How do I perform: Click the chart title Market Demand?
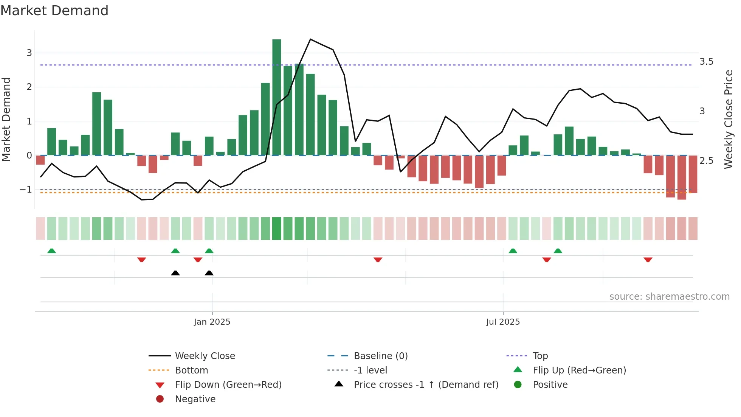[54, 11]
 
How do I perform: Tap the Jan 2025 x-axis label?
[212, 322]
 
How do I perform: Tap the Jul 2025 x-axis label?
[503, 322]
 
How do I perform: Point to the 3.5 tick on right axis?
[706, 62]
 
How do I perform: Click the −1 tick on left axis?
[26, 189]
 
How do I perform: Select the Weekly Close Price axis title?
[728, 119]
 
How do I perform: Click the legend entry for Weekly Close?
[205, 356]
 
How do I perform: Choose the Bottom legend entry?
[191, 370]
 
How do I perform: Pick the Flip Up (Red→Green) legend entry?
[579, 370]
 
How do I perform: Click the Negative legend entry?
[195, 399]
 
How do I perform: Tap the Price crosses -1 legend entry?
[426, 385]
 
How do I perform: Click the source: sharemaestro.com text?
[669, 297]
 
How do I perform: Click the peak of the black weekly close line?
[310, 39]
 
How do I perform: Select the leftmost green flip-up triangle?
[51, 251]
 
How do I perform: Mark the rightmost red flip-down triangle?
[648, 260]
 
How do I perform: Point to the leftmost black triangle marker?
[175, 273]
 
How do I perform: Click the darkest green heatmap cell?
[276, 229]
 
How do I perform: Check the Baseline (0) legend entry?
[380, 356]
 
